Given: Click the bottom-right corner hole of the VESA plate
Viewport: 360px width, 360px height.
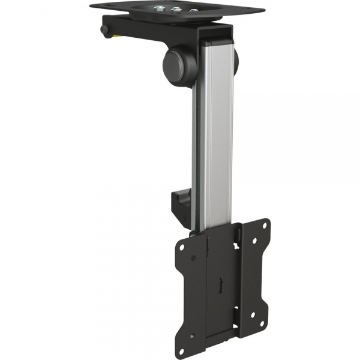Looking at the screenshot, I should tap(265, 313).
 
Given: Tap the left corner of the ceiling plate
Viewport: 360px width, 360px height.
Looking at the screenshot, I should tap(91, 5).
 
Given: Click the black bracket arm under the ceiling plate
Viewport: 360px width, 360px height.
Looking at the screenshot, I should tap(150, 29).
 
